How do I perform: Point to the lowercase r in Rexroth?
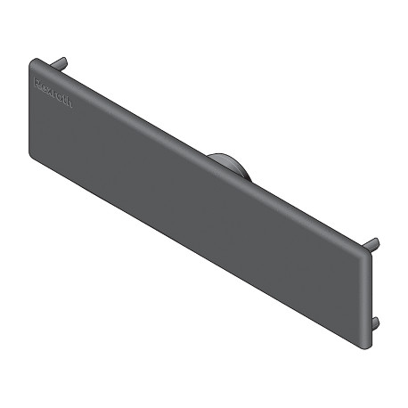pos(55,93)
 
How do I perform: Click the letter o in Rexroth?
pos(61,96)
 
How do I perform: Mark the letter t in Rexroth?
pos(66,100)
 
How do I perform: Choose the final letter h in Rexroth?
pos(71,104)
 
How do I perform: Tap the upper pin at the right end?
pos(374,244)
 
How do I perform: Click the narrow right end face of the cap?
pos(368,298)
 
